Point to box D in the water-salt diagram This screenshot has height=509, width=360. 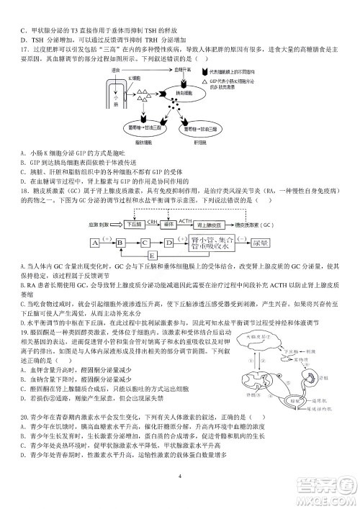(168, 242)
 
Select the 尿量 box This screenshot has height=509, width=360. (261, 243)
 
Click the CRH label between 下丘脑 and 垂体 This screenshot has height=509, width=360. (153, 221)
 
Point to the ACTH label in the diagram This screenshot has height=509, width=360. (185, 221)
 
